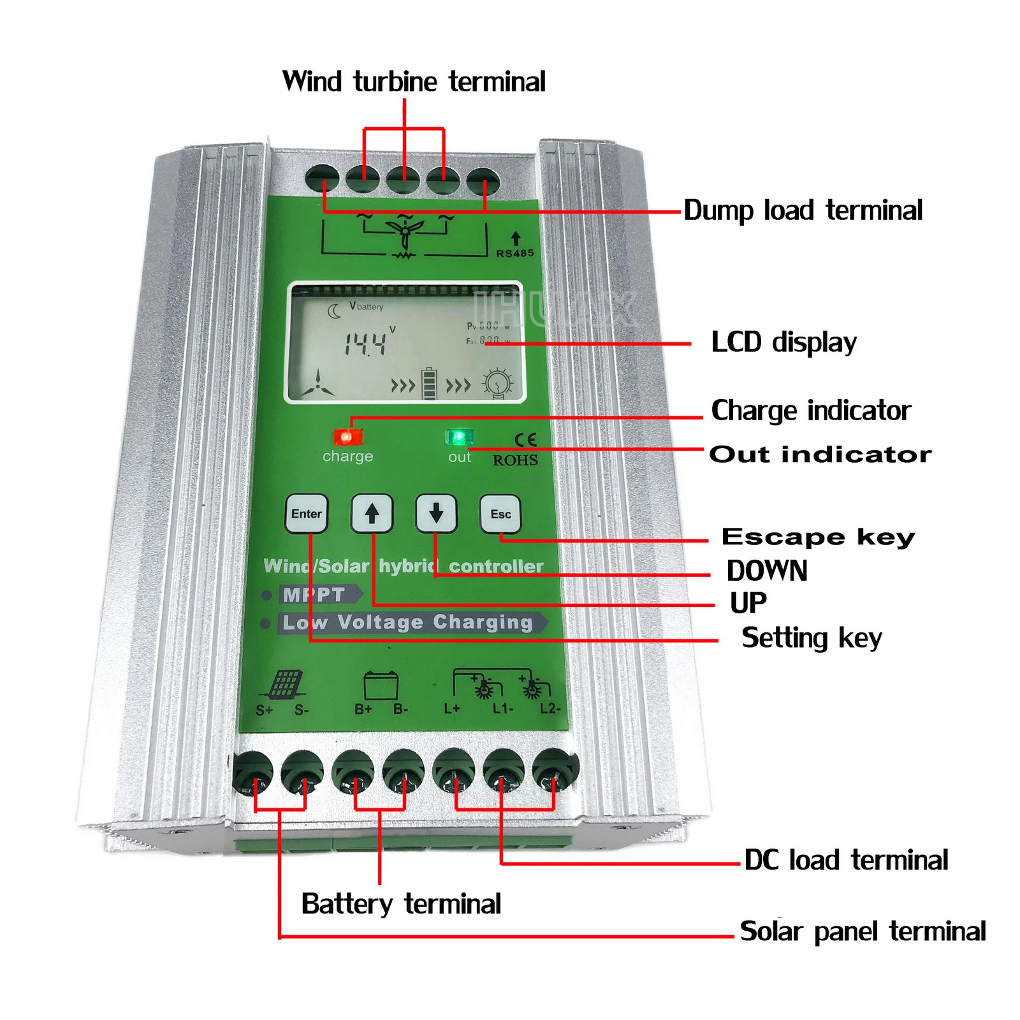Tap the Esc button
click(x=500, y=514)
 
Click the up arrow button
click(x=372, y=513)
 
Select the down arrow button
click(x=436, y=513)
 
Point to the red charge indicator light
click(x=347, y=437)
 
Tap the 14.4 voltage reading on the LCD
click(x=366, y=344)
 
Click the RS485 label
click(x=515, y=253)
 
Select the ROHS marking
click(x=515, y=460)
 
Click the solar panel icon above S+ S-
click(x=284, y=685)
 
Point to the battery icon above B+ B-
click(x=381, y=686)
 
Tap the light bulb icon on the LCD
click(x=497, y=383)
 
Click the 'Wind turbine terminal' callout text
click(x=414, y=82)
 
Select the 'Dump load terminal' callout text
click(x=803, y=210)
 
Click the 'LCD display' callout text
click(x=783, y=342)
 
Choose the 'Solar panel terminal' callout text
click(x=863, y=931)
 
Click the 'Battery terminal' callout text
click(x=401, y=904)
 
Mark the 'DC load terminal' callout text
click(x=846, y=860)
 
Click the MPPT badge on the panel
click(x=314, y=595)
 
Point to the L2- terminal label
click(x=550, y=709)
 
